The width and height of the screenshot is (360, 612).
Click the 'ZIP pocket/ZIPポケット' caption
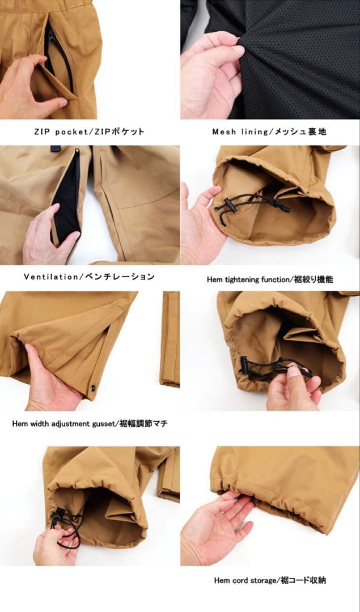(89, 131)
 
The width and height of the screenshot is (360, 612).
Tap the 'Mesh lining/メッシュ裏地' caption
(269, 131)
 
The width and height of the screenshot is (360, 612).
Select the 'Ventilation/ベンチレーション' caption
(89, 277)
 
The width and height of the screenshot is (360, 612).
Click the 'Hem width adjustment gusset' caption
(62, 423)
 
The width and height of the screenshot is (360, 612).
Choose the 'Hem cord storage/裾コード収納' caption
(270, 580)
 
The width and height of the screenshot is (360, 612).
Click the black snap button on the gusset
(93, 388)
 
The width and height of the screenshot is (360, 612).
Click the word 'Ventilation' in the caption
(51, 277)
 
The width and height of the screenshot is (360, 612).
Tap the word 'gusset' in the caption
(101, 424)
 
